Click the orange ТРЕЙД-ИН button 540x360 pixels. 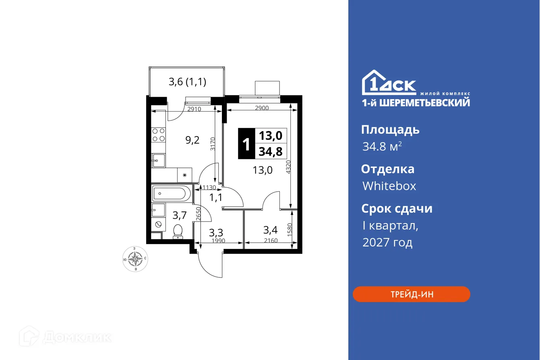411,294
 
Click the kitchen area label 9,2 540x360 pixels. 192,141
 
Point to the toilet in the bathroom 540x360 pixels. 178,232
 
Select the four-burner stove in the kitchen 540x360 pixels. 159,134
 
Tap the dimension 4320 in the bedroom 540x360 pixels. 287,167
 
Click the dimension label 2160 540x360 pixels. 271,241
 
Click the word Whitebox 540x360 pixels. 389,186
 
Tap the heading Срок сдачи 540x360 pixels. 397,209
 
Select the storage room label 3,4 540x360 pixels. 270,230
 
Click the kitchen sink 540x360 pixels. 158,161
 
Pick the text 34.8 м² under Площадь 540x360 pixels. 382,147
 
